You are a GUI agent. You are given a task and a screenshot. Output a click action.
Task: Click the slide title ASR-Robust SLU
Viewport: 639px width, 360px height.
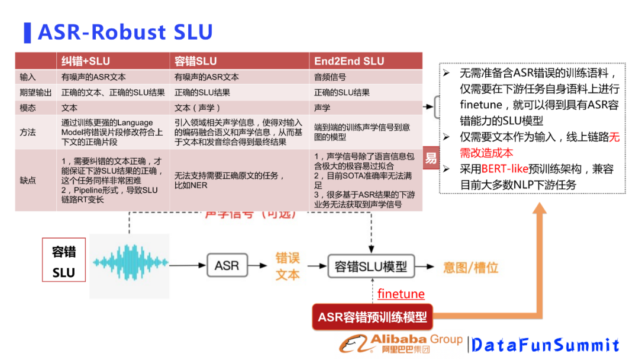(125, 32)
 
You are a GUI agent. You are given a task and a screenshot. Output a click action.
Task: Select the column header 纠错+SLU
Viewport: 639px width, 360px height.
(86, 61)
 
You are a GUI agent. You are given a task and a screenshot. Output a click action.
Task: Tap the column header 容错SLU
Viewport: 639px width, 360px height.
(196, 61)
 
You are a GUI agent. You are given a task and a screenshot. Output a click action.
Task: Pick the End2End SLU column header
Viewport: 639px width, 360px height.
(349, 61)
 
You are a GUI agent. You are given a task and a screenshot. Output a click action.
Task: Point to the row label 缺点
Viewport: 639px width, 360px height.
(28, 180)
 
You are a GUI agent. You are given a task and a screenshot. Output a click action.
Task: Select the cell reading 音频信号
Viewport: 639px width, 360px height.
(330, 77)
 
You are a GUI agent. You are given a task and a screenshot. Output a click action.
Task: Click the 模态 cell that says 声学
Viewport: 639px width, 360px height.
(322, 108)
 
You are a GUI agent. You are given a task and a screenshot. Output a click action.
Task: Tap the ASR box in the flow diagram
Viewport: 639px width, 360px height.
(227, 265)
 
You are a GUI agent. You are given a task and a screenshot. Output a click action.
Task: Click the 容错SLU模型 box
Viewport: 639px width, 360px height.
(371, 266)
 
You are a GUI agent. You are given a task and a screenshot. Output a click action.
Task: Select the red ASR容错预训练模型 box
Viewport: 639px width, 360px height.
(372, 317)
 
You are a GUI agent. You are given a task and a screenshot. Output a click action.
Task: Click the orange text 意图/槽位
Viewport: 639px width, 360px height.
(471, 267)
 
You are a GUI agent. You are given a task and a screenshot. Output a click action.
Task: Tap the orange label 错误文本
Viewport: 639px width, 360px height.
(288, 266)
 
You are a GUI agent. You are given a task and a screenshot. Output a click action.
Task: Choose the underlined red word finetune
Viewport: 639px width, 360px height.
(401, 294)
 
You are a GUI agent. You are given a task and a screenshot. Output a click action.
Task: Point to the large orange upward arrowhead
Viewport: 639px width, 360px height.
(539, 209)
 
